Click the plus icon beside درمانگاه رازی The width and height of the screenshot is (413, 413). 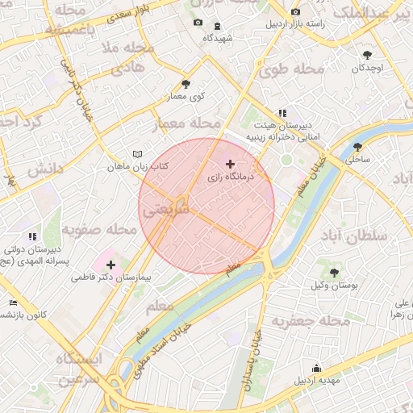click(x=232, y=164)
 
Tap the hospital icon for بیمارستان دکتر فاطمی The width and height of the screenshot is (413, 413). click(x=111, y=265)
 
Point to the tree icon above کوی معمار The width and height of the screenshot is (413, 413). click(x=186, y=84)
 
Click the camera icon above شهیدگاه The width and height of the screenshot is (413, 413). click(x=198, y=23)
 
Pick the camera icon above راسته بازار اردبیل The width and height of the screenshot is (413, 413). click(x=295, y=11)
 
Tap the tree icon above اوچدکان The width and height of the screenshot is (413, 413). click(x=368, y=55)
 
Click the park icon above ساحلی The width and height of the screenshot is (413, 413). click(x=357, y=147)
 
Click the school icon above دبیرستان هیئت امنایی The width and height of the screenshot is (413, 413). click(x=282, y=114)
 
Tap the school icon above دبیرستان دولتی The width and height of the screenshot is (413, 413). click(x=32, y=236)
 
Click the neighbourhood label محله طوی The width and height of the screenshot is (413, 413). click(x=291, y=71)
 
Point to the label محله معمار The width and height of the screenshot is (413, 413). click(x=187, y=123)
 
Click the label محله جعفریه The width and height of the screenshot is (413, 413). click(x=311, y=321)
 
